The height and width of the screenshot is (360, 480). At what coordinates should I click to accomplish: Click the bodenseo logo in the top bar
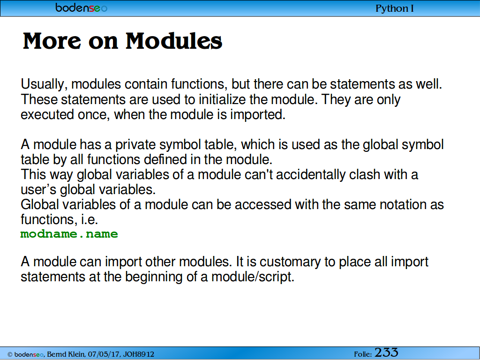tap(82, 7)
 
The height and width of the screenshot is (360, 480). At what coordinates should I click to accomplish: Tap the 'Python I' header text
tap(395, 8)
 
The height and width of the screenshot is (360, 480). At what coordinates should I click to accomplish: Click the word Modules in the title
tap(174, 41)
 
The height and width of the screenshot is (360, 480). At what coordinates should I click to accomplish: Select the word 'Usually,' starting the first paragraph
tap(44, 84)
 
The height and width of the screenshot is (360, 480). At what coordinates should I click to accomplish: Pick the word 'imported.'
tap(258, 114)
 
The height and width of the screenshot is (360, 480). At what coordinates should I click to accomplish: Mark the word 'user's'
tap(38, 189)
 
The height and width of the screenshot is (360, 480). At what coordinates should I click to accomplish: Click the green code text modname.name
tap(69, 234)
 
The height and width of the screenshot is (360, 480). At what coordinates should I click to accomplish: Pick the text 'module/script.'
tap(253, 277)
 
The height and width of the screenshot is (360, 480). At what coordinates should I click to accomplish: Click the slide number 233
tap(386, 352)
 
